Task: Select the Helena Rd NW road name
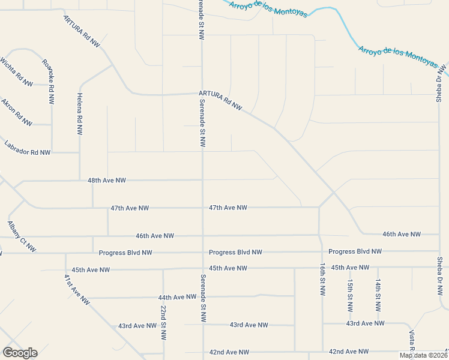(79, 115)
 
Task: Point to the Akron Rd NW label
(16, 112)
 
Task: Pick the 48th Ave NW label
(107, 180)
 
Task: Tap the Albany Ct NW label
(22, 236)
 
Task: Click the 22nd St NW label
(163, 323)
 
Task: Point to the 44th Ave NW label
(178, 297)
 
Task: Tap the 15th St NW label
(350, 295)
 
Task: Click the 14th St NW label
(378, 295)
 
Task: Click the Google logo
(20, 353)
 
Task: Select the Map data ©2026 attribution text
(423, 355)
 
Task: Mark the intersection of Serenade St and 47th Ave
(202, 208)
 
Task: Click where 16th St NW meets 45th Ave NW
(322, 268)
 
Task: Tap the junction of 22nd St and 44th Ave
(163, 297)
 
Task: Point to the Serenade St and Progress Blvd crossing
(202, 253)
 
